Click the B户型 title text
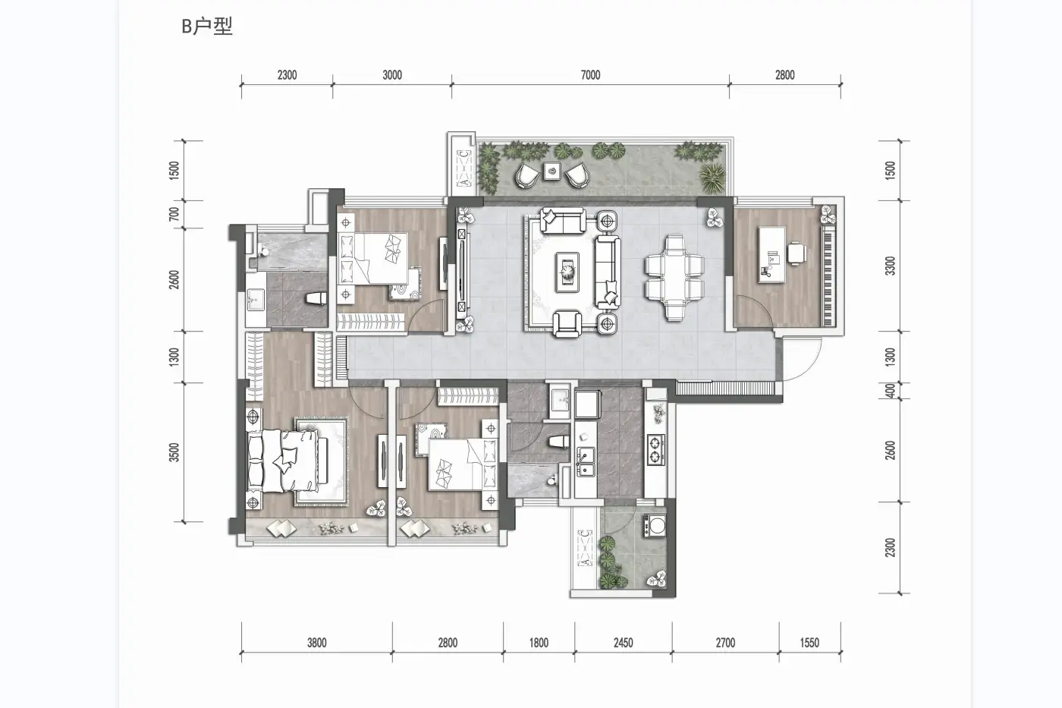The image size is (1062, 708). click(207, 27)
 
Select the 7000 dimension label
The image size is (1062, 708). click(590, 75)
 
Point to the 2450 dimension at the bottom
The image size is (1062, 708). click(623, 643)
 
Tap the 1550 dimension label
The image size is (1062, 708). click(809, 643)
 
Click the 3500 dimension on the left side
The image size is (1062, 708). click(174, 452)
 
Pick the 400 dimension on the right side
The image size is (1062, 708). click(891, 391)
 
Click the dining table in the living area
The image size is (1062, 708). click(674, 278)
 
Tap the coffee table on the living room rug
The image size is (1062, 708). click(567, 272)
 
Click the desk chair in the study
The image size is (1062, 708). click(797, 252)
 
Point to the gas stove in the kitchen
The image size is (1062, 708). click(655, 448)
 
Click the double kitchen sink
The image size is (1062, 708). click(585, 462)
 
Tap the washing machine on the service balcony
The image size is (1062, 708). click(655, 525)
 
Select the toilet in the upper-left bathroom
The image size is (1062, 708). click(316, 298)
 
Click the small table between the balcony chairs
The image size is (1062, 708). click(552, 171)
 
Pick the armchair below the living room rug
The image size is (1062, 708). click(567, 323)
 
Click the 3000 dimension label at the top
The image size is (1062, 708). click(392, 75)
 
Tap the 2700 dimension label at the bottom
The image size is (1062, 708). click(725, 643)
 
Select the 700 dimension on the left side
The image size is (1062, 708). click(174, 214)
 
